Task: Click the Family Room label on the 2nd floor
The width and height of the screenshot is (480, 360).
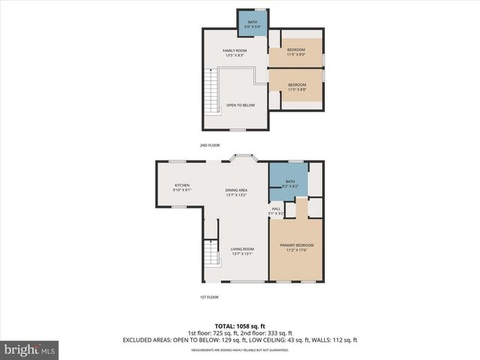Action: click(235, 52)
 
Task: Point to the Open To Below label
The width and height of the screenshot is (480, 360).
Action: click(240, 105)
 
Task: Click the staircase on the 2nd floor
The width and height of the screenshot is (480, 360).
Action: click(214, 90)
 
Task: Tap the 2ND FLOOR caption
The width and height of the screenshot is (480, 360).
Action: click(209, 145)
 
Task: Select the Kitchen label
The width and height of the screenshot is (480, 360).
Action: click(183, 187)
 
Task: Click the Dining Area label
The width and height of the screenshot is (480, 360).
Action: click(236, 193)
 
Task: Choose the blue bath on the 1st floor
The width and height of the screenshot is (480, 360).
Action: click(289, 183)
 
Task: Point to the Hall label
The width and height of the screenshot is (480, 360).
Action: click(276, 211)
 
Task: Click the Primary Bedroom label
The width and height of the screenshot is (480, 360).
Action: click(296, 247)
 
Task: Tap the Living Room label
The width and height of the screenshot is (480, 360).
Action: click(241, 251)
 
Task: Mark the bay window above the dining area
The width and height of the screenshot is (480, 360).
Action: click(244, 157)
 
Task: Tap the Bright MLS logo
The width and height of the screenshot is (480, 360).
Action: click(30, 349)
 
